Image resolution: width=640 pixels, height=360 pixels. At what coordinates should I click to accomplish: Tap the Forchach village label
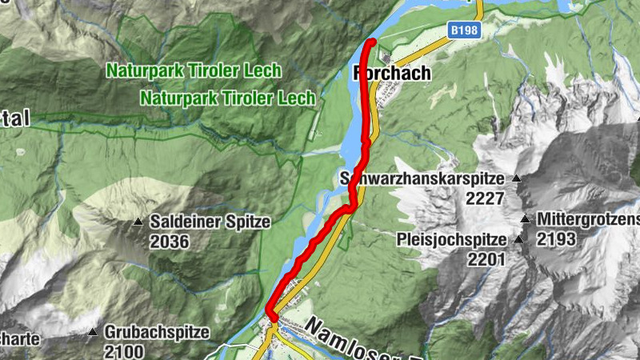[391, 74]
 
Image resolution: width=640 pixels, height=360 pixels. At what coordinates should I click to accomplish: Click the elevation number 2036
[168, 240]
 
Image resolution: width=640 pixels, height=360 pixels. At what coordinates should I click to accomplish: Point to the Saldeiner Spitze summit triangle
[139, 222]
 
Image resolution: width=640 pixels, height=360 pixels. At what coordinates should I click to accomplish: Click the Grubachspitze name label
[157, 331]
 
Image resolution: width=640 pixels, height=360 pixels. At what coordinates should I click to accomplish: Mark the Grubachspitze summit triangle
[94, 331]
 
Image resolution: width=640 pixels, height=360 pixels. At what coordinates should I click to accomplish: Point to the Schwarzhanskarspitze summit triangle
[518, 178]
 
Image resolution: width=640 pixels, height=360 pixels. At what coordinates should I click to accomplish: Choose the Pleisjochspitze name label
[452, 239]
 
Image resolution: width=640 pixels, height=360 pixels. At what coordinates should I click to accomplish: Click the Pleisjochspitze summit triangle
[518, 239]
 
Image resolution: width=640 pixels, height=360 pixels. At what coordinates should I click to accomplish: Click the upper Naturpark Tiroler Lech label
[194, 70]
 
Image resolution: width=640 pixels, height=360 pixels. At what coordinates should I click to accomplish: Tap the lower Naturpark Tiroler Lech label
[228, 98]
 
